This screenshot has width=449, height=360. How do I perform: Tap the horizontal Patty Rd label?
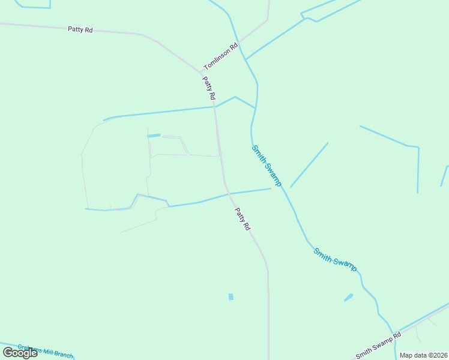(x=80, y=29)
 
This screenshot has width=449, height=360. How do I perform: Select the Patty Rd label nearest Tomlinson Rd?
(x=209, y=88)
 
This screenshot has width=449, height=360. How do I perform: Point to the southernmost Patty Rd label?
(x=243, y=220)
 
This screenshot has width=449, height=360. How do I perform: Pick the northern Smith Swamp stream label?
(x=267, y=165)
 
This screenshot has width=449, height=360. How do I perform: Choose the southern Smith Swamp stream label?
(x=335, y=259)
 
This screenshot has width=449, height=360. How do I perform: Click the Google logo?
(x=20, y=353)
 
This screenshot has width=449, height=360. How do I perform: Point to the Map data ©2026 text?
(x=423, y=355)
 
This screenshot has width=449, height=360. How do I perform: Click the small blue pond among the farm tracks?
(x=154, y=136)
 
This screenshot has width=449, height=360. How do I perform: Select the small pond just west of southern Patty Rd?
(x=231, y=297)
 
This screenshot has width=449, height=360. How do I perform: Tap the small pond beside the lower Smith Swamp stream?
(x=348, y=298)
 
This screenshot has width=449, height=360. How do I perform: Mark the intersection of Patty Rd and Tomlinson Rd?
(x=201, y=73)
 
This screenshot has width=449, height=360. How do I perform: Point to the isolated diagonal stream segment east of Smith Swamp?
(x=309, y=164)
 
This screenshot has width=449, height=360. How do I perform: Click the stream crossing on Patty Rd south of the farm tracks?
(x=229, y=193)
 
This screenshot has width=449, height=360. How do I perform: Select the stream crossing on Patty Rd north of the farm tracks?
(x=215, y=107)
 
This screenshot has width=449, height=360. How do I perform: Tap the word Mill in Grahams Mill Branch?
(x=46, y=351)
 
